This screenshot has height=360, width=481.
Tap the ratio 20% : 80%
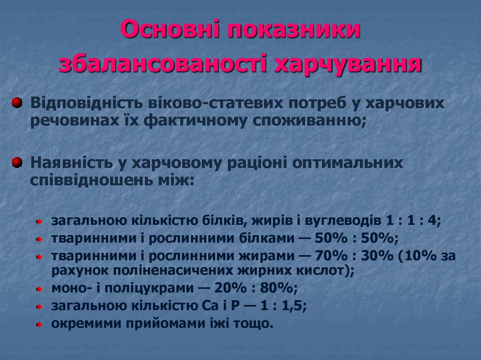tap(256, 287)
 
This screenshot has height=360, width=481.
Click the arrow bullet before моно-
tap(40, 288)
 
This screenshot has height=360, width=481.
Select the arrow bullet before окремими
tap(40, 324)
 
